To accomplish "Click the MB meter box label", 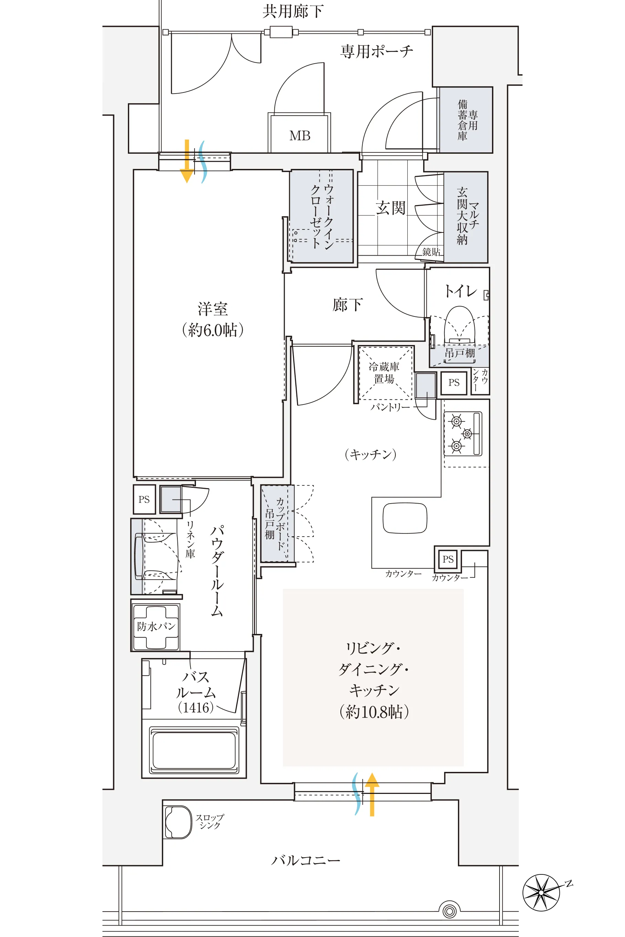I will coord(300,136).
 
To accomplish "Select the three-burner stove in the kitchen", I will coord(463,433).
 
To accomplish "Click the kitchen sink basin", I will coord(405,518).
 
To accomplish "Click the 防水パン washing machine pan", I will coord(156,626).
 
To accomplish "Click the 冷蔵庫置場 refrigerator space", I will coord(385,373).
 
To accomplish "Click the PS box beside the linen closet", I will coord(144,499).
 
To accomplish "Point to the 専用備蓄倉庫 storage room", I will coord(466,120).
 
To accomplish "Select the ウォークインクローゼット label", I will coord(322,216).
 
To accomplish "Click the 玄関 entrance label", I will coord(390,208).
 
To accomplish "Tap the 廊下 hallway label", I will coord(347,305).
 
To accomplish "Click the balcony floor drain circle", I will coord(449,911).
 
